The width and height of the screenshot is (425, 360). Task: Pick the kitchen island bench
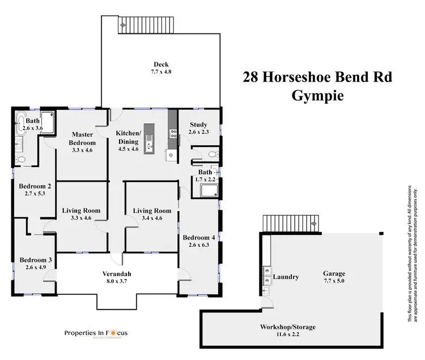(x=149, y=138)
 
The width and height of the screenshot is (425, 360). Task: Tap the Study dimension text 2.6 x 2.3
(x=198, y=132)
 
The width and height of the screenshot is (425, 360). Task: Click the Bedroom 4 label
(x=198, y=237)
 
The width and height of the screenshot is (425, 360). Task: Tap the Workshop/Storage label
(x=287, y=327)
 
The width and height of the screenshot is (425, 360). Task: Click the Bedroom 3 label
(x=35, y=260)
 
